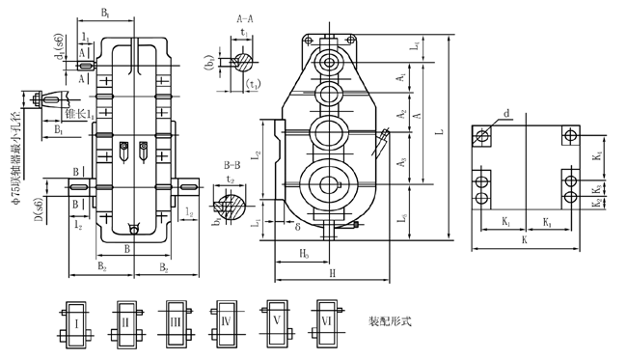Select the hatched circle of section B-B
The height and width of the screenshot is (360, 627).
[x=235, y=207]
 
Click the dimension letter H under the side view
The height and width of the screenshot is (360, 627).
[x=331, y=275]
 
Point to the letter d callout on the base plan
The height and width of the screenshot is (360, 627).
[x=507, y=113]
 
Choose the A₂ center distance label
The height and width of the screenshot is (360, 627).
[x=400, y=113]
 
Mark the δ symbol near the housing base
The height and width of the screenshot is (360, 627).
[x=299, y=229]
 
